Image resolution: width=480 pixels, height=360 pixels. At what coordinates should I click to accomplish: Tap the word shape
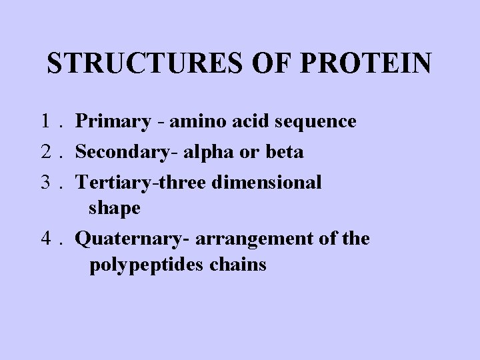114,209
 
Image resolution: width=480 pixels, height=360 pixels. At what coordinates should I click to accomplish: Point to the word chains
240,265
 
